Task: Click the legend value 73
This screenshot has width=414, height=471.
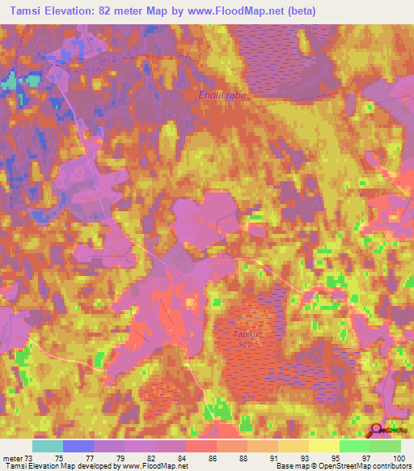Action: pyautogui.click(x=29, y=458)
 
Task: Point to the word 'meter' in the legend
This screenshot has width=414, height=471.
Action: pyautogui.click(x=13, y=458)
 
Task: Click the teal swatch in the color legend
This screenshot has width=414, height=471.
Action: pyautogui.click(x=48, y=446)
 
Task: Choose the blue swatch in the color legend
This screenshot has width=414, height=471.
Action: pyautogui.click(x=78, y=446)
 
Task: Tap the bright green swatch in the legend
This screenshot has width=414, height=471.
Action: pyautogui.click(x=355, y=446)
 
